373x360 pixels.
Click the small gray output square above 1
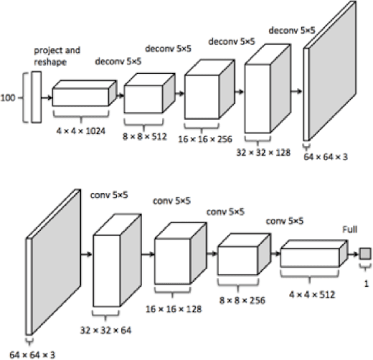(365, 253)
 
